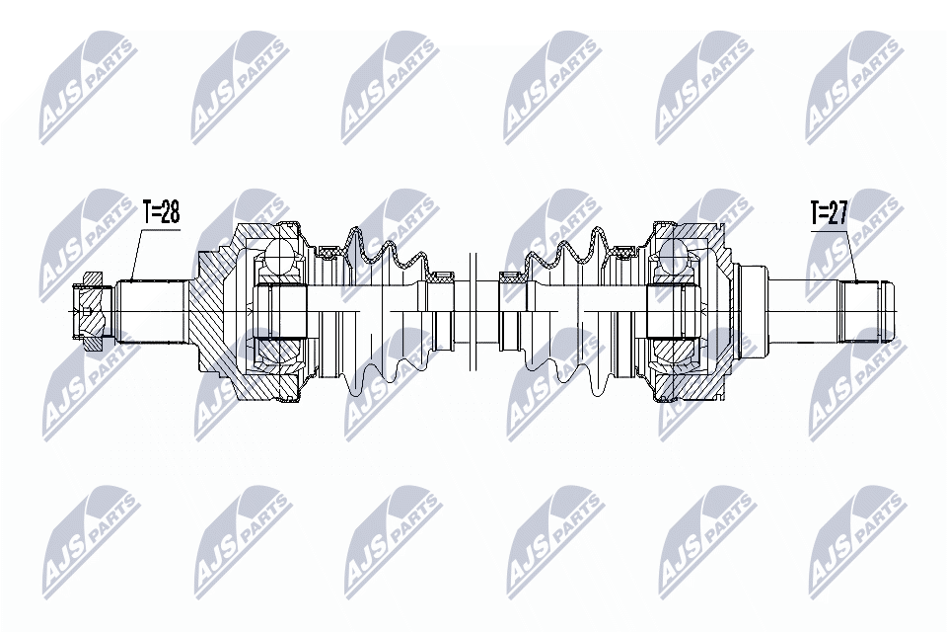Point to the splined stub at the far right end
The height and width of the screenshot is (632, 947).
(x=866, y=310)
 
